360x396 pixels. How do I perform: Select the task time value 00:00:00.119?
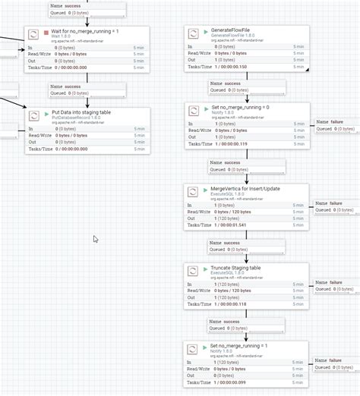252,144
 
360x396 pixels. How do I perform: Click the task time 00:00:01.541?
252,225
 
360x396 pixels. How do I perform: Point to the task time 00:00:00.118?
252,303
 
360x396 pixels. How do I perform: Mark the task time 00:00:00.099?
252,382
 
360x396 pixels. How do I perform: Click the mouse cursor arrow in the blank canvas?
95,240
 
